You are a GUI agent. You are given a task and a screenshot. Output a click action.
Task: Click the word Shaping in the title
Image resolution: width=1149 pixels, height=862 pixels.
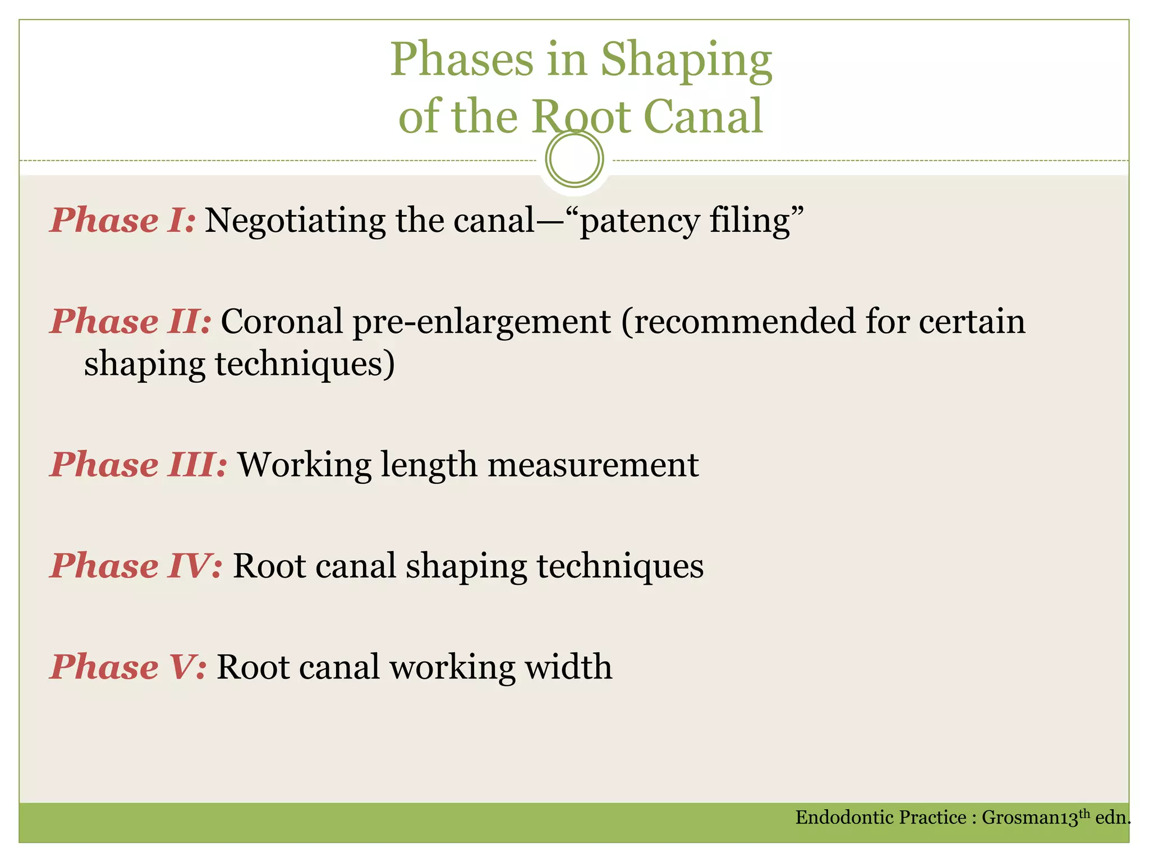(686, 61)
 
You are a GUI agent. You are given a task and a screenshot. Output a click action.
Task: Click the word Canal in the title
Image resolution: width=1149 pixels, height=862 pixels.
(704, 116)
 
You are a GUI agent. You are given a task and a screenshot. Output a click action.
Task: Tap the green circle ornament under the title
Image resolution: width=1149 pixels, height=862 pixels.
(574, 159)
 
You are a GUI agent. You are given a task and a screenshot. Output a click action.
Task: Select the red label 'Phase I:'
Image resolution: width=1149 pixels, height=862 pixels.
(123, 220)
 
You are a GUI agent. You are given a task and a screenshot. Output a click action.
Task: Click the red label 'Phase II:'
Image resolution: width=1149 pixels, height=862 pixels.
(131, 322)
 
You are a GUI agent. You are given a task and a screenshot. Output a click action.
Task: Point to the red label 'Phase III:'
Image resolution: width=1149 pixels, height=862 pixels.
(139, 465)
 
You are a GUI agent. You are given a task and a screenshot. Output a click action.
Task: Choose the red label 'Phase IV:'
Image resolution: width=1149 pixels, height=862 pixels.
(136, 566)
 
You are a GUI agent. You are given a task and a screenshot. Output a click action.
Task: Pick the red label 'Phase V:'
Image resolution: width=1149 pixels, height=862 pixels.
(128, 667)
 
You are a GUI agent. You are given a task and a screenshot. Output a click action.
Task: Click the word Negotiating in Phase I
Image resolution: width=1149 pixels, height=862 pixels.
(295, 221)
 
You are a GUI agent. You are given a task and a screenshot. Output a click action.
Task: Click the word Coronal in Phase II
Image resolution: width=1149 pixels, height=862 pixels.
(282, 322)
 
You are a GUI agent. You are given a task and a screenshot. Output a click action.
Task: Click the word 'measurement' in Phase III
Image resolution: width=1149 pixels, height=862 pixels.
(593, 465)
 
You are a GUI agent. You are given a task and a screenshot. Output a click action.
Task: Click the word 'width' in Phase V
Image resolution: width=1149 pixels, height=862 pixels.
(568, 667)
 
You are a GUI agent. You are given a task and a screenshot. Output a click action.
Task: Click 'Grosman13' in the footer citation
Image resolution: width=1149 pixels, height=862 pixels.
(1029, 818)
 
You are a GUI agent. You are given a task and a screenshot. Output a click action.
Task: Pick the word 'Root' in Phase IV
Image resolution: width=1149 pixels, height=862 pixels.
(269, 566)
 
